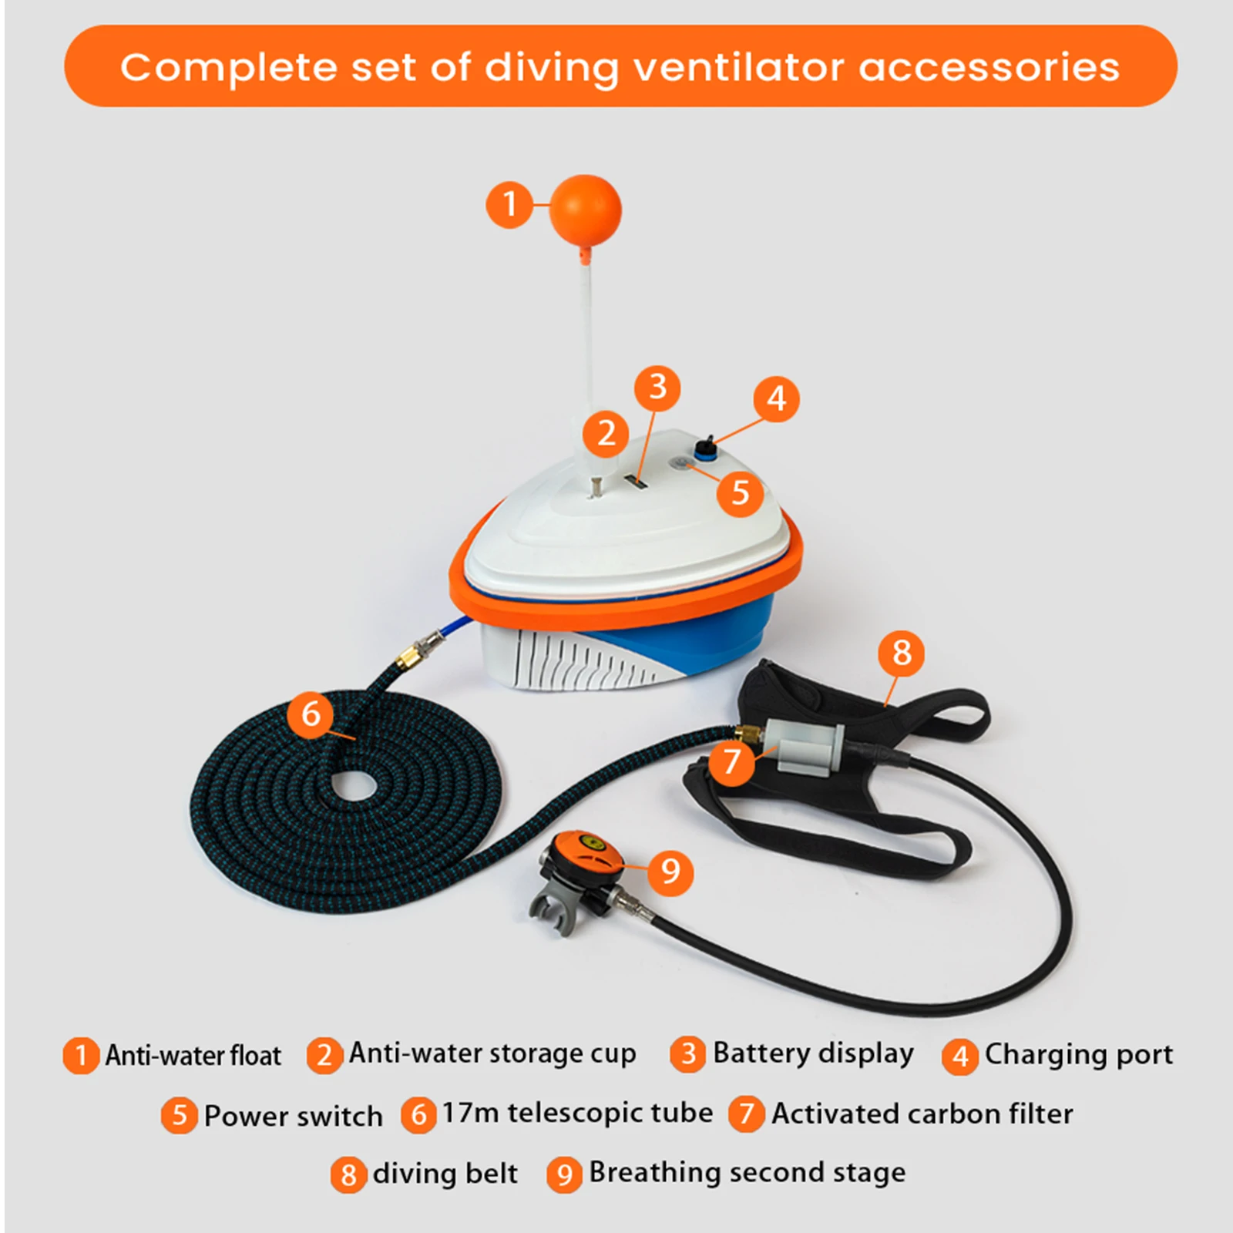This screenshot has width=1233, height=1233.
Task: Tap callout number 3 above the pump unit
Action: (657, 387)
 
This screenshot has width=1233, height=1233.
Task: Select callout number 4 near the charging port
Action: (776, 398)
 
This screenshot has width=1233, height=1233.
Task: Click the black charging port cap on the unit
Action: (704, 448)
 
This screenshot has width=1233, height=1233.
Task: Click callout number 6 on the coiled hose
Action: (311, 714)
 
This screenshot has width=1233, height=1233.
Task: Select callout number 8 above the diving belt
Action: (901, 653)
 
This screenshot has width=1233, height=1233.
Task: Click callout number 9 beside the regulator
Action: (670, 872)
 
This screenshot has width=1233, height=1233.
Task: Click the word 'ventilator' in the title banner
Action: (737, 67)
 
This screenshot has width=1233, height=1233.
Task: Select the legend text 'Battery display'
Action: (813, 1053)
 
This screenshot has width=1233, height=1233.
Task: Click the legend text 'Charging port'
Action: (1078, 1054)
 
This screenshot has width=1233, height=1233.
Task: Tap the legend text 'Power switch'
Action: (293, 1116)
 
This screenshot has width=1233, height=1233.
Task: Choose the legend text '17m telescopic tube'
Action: (577, 1114)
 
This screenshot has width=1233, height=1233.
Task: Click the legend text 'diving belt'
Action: (445, 1174)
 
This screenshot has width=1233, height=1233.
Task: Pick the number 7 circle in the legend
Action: (746, 1114)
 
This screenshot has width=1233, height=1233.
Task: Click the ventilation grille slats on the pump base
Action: (570, 659)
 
